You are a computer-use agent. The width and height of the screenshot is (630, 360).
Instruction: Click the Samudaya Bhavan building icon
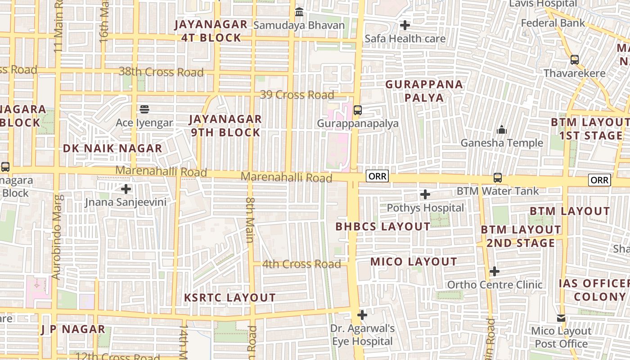(x=299, y=12)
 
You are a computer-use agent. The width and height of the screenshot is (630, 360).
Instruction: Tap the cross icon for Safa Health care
(x=405, y=25)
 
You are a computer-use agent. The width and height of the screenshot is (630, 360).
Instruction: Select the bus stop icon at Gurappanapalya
(x=358, y=110)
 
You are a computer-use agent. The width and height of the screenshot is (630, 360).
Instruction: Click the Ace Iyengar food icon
(x=144, y=109)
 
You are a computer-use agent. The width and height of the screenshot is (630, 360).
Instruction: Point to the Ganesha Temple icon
(x=502, y=130)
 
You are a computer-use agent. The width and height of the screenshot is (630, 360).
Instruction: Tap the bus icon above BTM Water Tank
(x=498, y=178)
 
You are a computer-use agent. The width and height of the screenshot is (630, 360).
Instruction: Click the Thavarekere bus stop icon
(x=575, y=59)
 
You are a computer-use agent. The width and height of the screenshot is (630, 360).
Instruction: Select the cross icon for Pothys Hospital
(x=425, y=194)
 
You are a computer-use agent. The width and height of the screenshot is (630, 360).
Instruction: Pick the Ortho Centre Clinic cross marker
(x=495, y=271)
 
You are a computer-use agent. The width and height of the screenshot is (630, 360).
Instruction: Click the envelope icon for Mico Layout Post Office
(x=561, y=318)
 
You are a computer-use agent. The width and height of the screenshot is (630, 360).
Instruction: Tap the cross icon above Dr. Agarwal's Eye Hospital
(x=362, y=315)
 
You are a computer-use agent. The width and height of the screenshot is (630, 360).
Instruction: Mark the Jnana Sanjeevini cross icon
(x=126, y=189)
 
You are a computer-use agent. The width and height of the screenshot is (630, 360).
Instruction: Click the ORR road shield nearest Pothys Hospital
(x=377, y=176)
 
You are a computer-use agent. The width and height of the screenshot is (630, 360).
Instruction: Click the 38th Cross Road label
(x=161, y=72)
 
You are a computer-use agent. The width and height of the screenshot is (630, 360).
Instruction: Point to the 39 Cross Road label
(x=297, y=95)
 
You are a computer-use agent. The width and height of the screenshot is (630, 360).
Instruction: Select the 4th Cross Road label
(x=301, y=264)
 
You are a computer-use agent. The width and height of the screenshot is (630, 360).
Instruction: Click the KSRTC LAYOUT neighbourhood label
(x=230, y=297)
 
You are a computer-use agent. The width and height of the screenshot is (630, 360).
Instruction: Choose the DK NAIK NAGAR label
(x=112, y=148)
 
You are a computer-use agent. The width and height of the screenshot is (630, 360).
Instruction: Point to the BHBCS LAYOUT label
(x=383, y=227)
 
